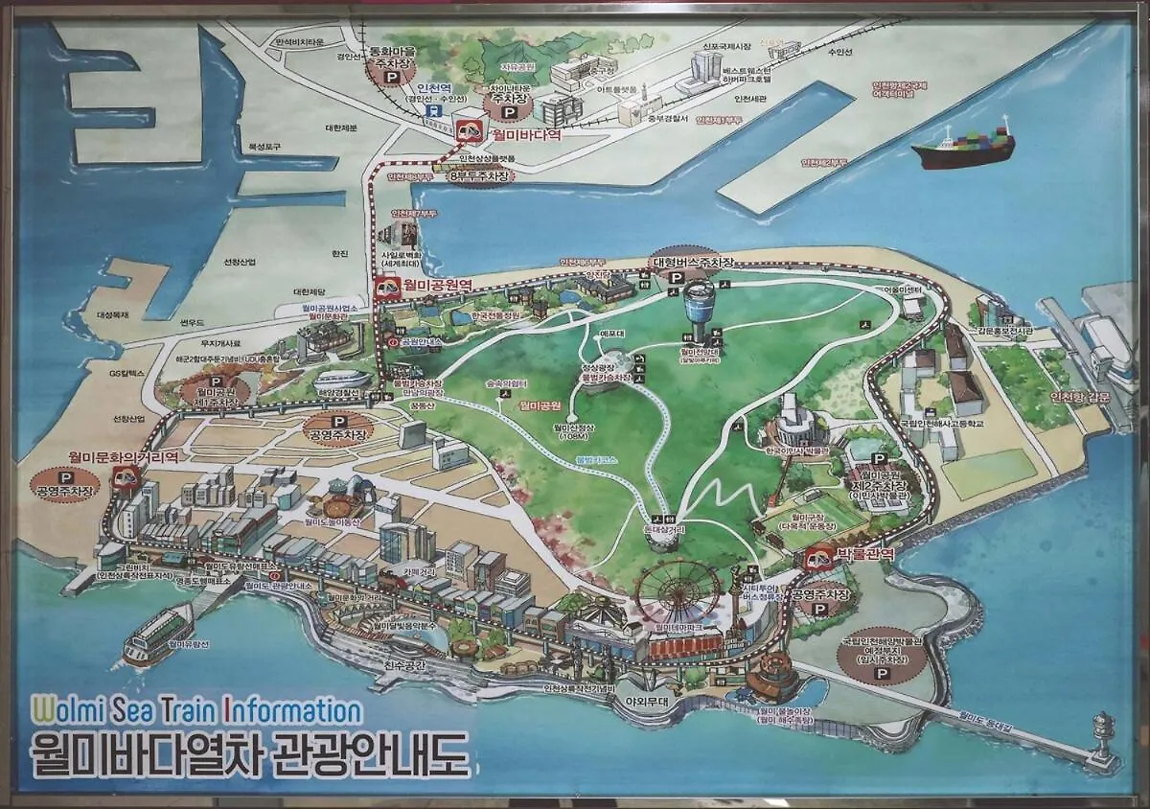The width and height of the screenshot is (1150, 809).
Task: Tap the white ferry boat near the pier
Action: pos(157,635)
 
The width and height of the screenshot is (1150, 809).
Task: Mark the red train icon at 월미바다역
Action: pos(470,132)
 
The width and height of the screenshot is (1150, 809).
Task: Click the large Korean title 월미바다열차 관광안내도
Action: pos(249,753)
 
